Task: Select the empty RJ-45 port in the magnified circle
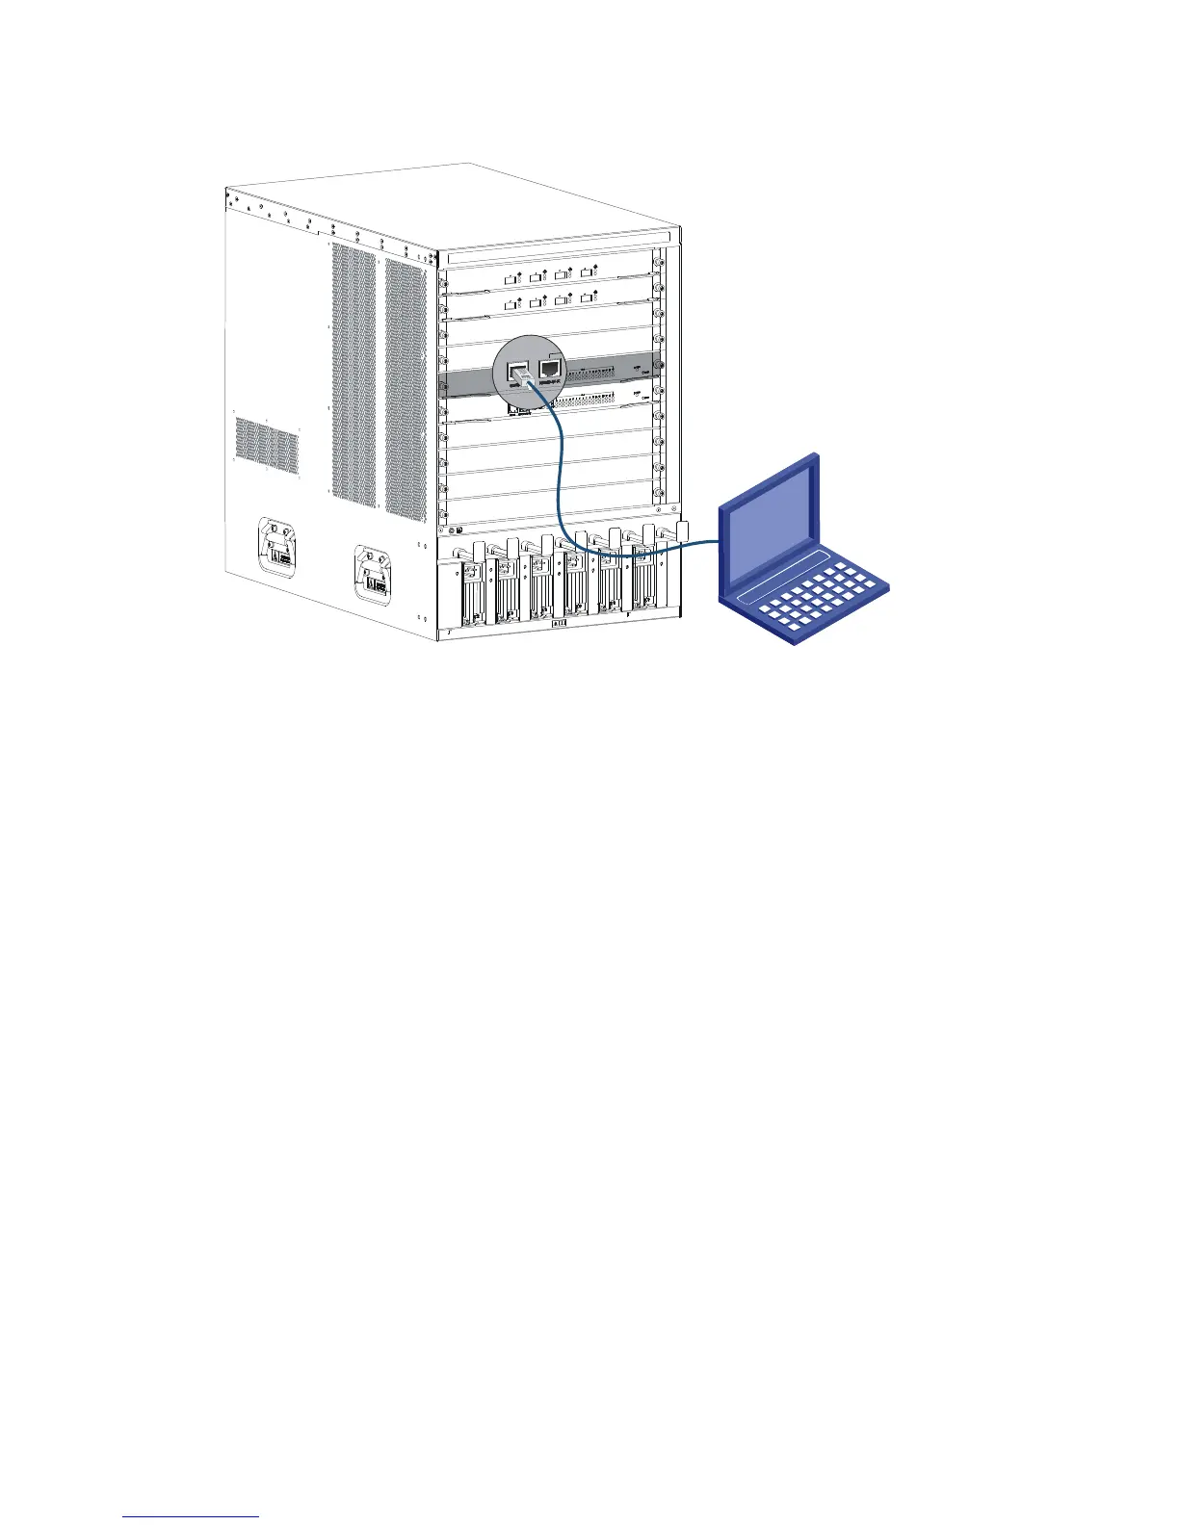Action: coord(551,369)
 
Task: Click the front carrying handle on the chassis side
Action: coord(376,576)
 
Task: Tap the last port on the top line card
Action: coord(589,275)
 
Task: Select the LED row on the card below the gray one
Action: coord(597,397)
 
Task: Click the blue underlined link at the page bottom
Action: coord(192,1516)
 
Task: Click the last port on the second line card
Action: coord(589,300)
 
